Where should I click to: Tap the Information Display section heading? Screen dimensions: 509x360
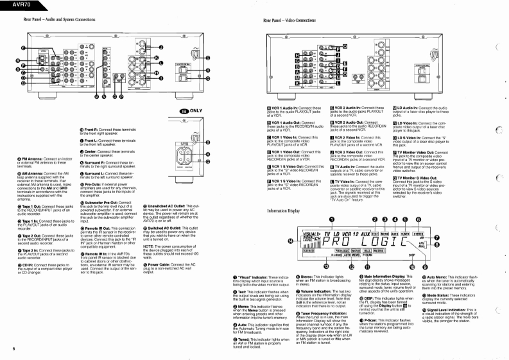coord(283,192)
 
